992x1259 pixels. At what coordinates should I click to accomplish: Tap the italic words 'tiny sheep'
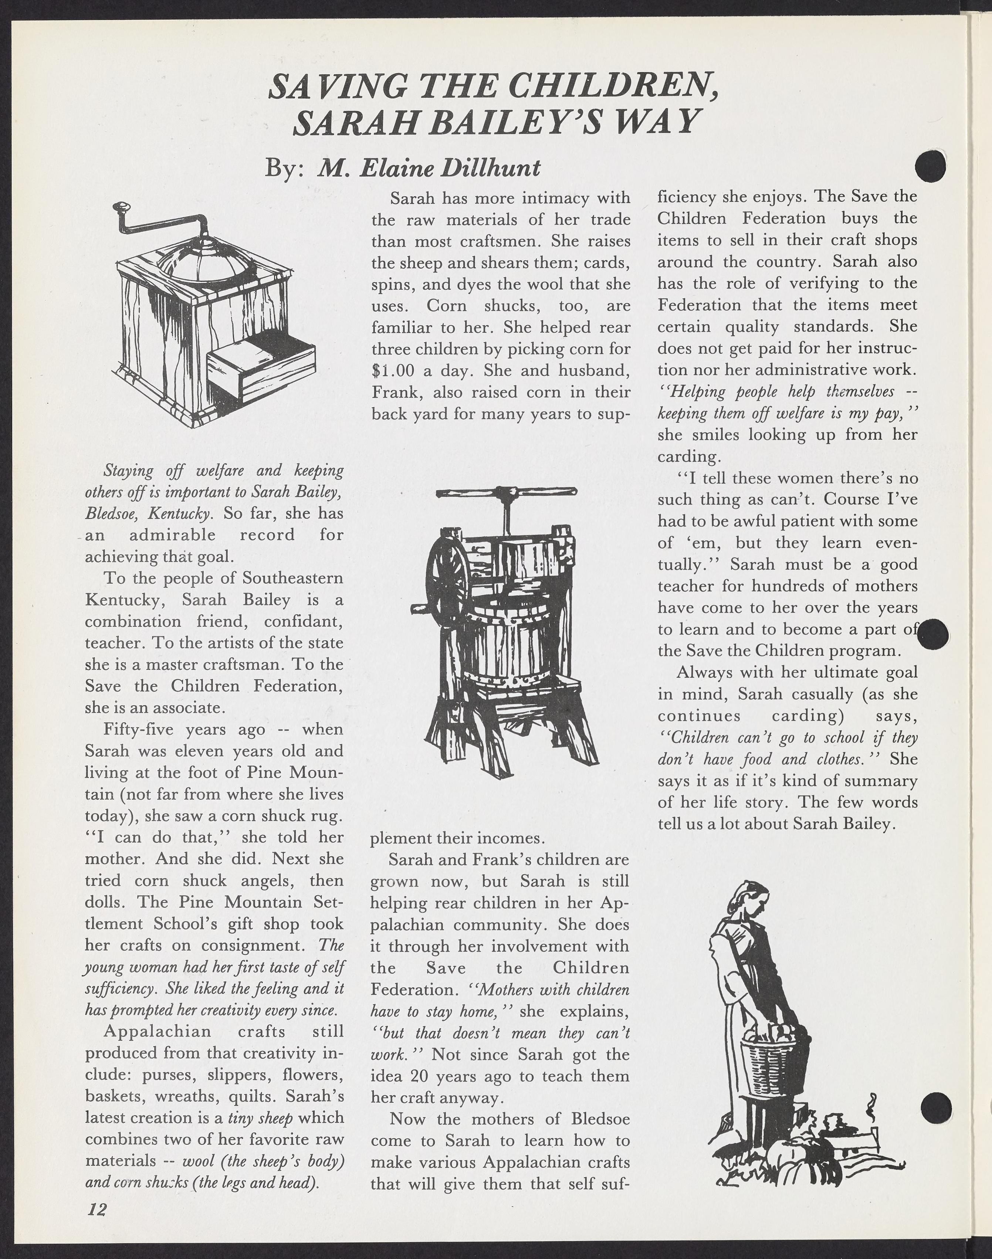260,1117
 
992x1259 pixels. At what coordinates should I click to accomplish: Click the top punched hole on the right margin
930,167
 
